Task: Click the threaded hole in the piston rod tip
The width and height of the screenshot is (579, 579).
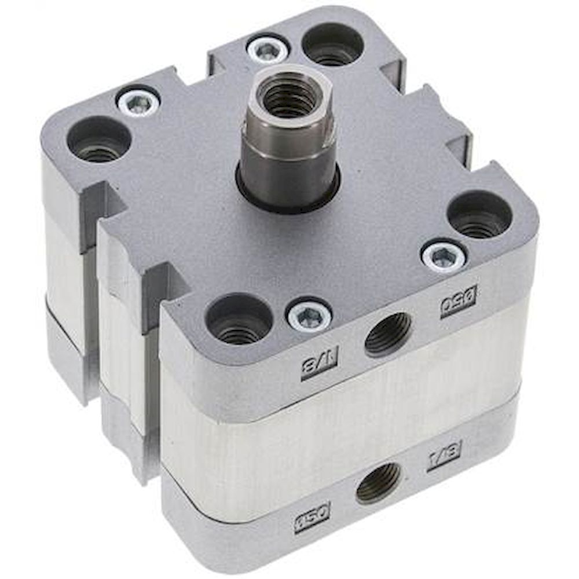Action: tap(288, 94)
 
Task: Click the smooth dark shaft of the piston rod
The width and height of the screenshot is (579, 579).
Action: tap(288, 174)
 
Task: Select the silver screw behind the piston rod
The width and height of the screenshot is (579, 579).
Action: tap(267, 50)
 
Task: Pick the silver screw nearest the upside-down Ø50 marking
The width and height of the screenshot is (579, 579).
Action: tap(443, 256)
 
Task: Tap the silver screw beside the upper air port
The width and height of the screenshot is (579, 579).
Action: tap(310, 316)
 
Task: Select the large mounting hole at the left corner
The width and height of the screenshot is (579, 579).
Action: tap(99, 140)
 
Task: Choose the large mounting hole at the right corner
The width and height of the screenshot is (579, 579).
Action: tap(479, 215)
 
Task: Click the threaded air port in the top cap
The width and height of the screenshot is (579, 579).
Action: tap(388, 334)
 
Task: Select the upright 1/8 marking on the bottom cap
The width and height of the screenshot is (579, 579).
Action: tap(444, 456)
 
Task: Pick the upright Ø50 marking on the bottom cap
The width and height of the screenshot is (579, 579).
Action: tap(312, 511)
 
